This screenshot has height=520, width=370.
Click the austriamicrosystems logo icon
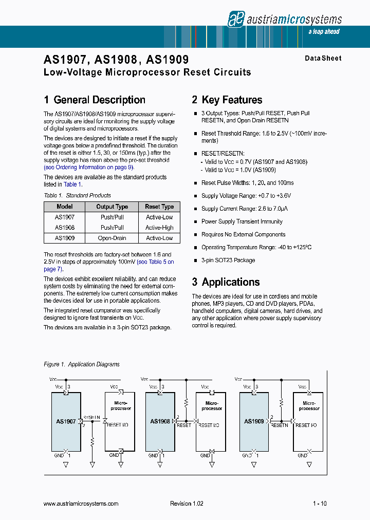pyautogui.click(x=236, y=20)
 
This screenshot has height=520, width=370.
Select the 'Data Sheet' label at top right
pyautogui.click(x=323, y=59)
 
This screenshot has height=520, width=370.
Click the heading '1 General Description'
pyautogui.click(x=95, y=100)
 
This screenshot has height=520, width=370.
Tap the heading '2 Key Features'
pyautogui.click(x=227, y=100)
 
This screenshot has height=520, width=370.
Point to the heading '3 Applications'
pyautogui.click(x=226, y=282)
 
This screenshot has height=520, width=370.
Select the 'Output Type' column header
pyautogui.click(x=112, y=207)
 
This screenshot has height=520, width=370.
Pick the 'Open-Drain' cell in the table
pyautogui.click(x=112, y=238)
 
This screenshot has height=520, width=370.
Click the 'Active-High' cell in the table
pyautogui.click(x=159, y=228)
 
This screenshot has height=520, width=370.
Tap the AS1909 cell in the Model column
pyautogui.click(x=65, y=238)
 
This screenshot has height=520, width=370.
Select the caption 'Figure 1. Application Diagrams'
pyautogui.click(x=82, y=364)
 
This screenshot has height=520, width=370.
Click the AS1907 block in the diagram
pyautogui.click(x=65, y=421)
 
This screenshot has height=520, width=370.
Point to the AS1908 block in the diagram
pyautogui.click(x=160, y=421)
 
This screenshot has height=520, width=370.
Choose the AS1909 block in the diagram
pyautogui.click(x=254, y=421)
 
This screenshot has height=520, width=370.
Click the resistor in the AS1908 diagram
pyautogui.click(x=186, y=402)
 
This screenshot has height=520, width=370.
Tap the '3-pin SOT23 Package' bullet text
pyautogui.click(x=228, y=261)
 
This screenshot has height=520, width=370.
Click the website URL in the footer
pyautogui.click(x=81, y=504)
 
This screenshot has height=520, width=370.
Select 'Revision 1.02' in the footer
pyautogui.click(x=187, y=504)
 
